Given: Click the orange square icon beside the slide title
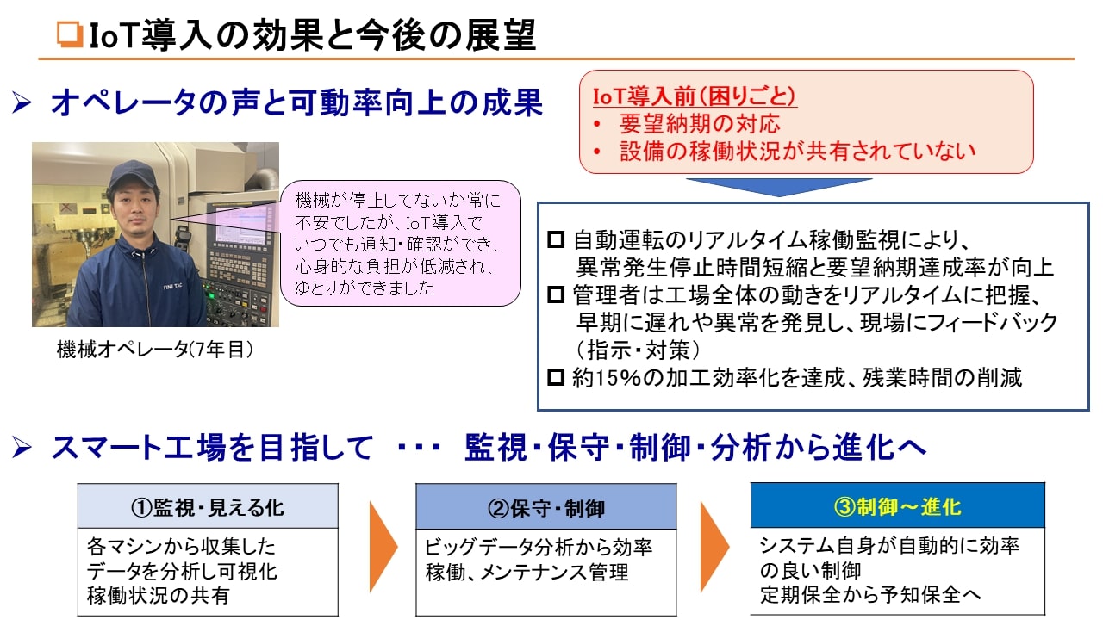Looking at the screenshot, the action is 70,34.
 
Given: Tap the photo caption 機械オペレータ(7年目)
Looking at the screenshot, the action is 155,350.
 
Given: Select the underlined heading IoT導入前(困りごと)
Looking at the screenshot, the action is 695,96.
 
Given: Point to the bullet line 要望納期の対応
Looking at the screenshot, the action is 700,123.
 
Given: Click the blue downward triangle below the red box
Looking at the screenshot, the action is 779,188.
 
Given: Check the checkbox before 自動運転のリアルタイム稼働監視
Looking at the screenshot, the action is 556,239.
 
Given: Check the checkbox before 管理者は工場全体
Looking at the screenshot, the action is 556,294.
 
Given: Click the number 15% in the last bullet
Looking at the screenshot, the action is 619,378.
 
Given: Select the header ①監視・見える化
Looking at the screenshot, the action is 208,507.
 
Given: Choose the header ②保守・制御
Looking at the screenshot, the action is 546,508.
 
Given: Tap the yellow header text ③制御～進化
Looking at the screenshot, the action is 897,506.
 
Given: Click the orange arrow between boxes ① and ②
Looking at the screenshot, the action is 383,547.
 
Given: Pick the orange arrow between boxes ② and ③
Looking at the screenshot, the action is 714,547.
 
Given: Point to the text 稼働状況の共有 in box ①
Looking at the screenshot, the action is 158,595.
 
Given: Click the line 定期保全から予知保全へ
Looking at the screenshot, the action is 870,594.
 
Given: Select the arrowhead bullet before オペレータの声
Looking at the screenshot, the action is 22,102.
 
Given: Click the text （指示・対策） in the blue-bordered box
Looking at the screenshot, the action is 638,350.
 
